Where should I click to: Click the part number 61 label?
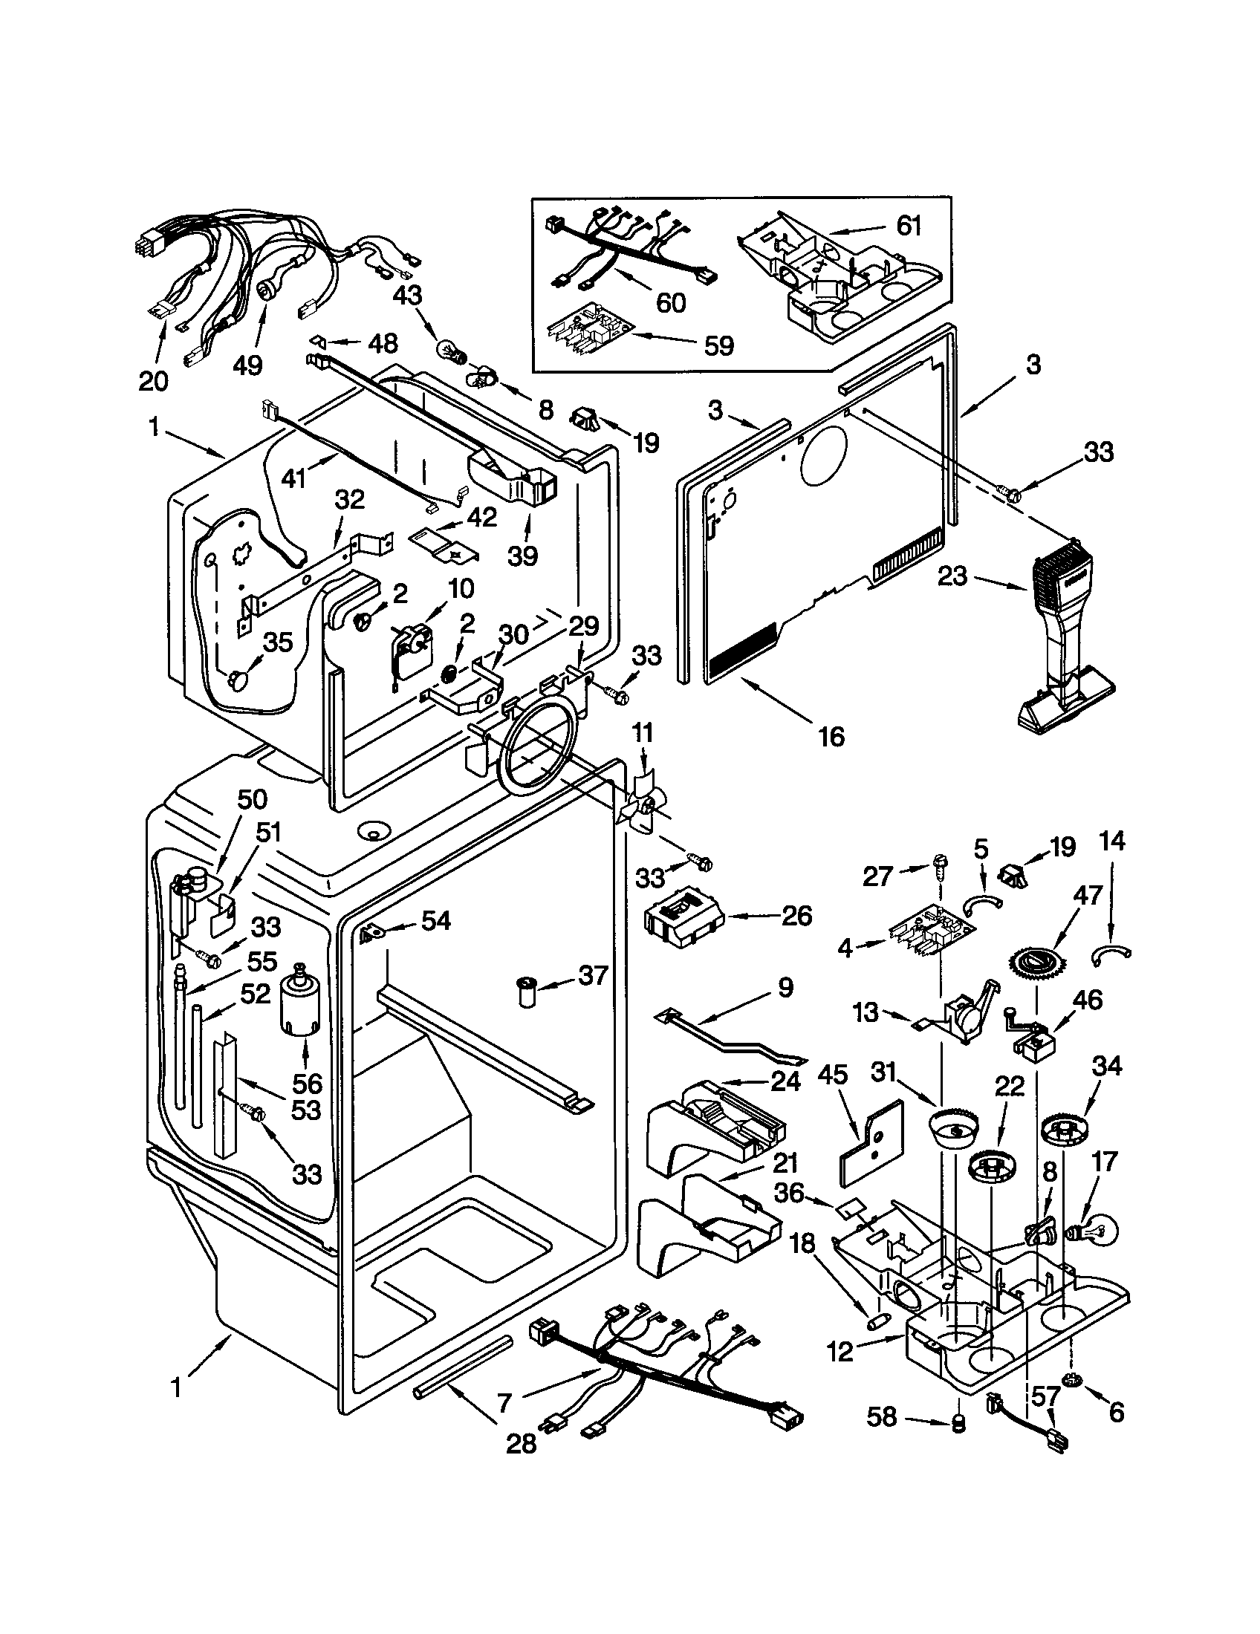[x=909, y=225]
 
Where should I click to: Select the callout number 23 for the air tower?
[x=952, y=576]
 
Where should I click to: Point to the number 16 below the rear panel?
[x=831, y=736]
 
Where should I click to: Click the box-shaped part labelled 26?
[x=681, y=917]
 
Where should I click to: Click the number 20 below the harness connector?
[x=153, y=381]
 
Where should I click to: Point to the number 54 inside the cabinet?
[x=435, y=921]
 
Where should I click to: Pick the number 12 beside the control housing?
[x=841, y=1352]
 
